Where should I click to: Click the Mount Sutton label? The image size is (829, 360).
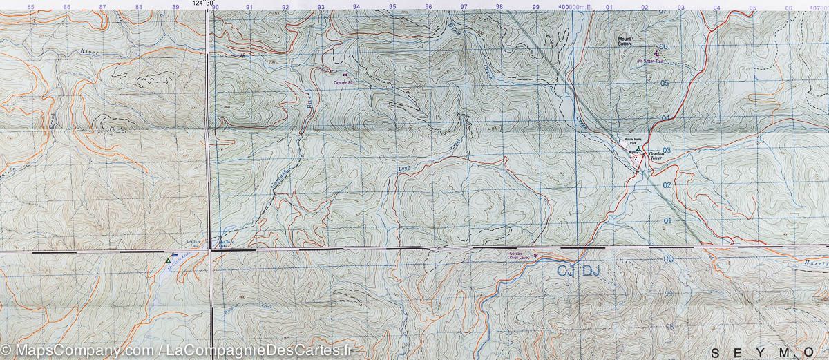pos(625,41)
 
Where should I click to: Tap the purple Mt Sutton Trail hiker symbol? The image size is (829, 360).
pos(656,53)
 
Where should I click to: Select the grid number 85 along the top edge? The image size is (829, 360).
pos(30,7)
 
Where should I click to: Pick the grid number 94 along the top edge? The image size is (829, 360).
pos(356,7)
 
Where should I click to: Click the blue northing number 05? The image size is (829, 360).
pos(665,84)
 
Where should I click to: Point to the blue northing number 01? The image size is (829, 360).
pos(667,220)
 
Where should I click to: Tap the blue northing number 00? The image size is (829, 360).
pos(668,259)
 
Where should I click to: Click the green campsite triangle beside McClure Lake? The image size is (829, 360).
pos(166,260)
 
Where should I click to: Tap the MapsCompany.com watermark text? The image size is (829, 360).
pos(79,350)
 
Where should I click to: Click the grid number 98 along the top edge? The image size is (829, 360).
pos(499,7)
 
